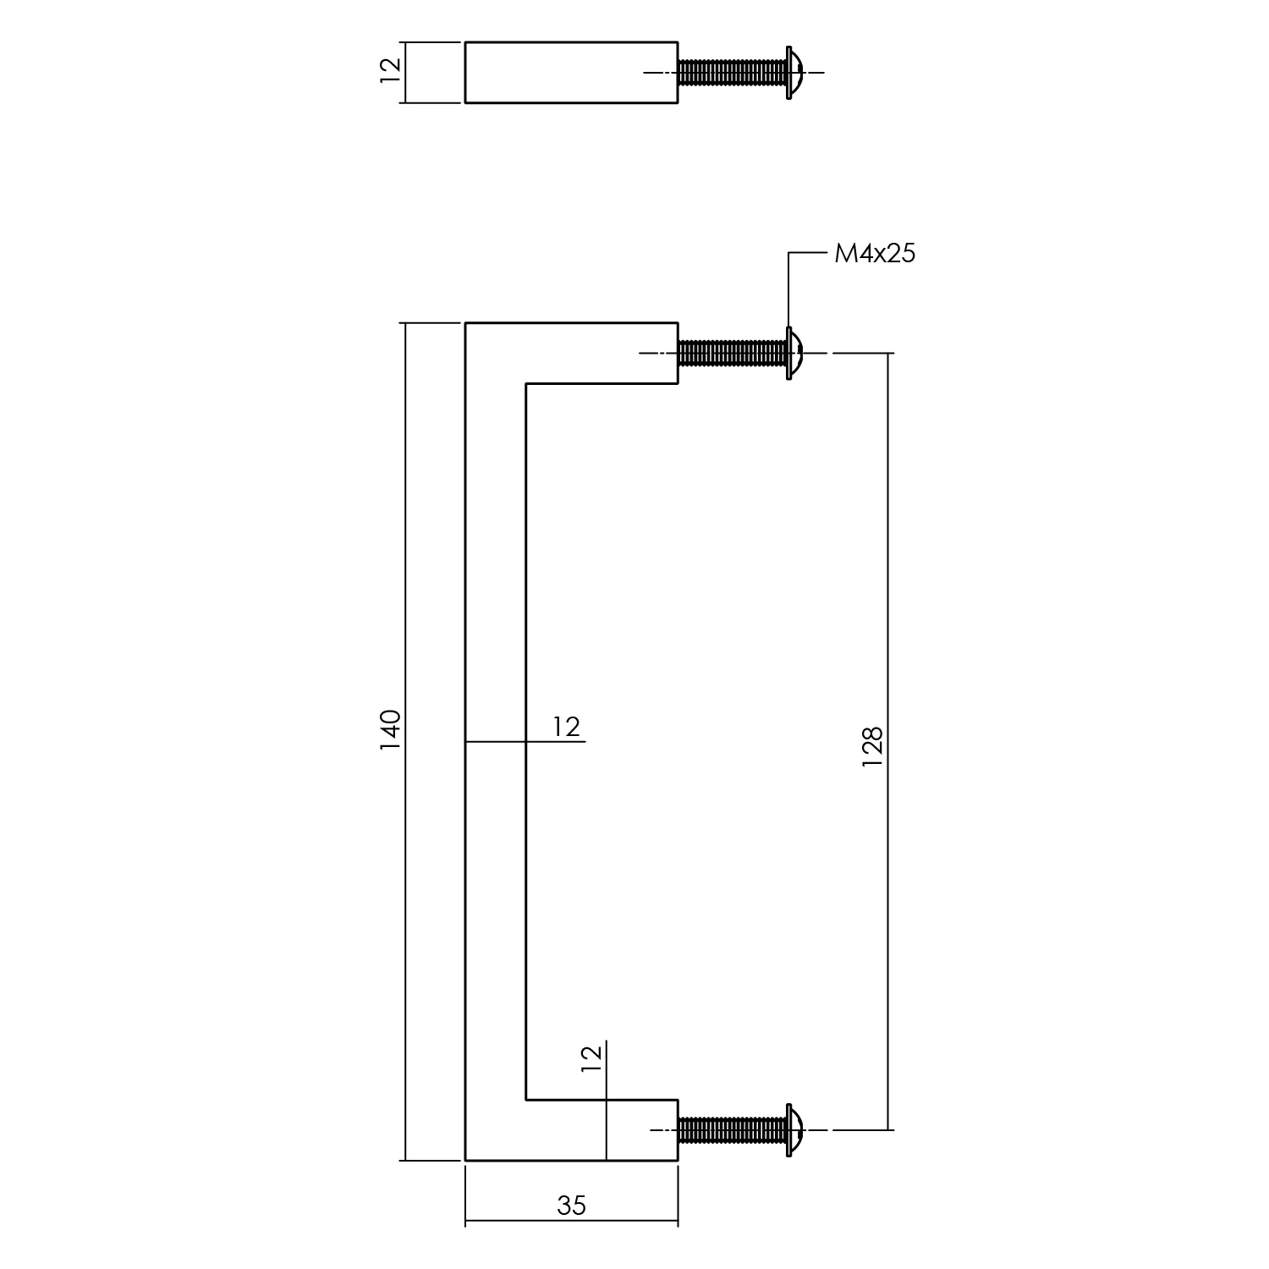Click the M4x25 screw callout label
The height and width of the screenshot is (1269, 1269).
874,253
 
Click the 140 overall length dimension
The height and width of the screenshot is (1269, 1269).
390,731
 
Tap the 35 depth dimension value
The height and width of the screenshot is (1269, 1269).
572,1205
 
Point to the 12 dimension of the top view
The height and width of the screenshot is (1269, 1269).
390,70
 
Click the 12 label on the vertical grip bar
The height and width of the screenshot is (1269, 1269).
567,727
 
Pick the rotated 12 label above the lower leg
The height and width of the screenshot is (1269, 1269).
592,1058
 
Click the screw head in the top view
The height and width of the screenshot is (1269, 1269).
794,73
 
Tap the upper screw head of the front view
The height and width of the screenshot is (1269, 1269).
794,353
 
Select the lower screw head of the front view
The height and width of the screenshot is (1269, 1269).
794,1129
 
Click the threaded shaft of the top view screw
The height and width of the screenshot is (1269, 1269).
732,73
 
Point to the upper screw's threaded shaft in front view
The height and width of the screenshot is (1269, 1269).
732,353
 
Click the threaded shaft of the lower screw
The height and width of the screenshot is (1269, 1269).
732,1129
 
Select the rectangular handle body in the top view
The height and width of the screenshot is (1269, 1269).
571,72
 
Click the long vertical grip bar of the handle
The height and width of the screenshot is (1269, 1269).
496,592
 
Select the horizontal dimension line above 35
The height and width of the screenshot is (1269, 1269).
525,1222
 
